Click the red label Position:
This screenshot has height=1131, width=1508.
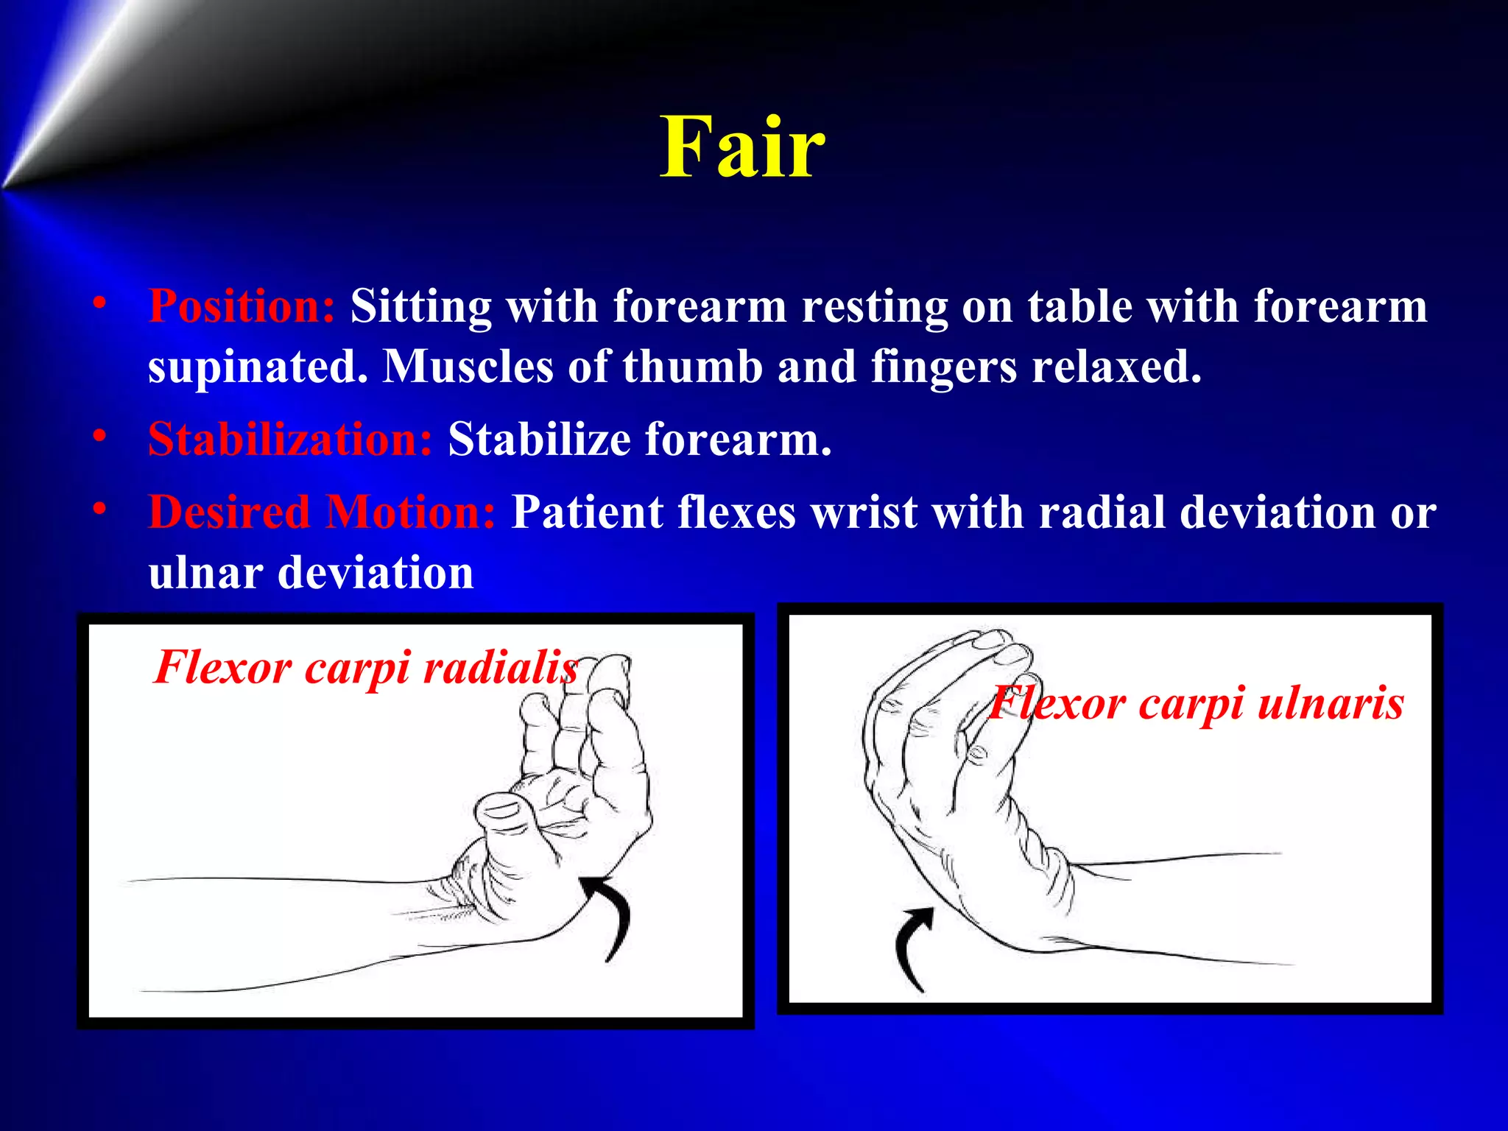(x=242, y=306)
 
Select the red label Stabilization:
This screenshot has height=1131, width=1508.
(x=290, y=440)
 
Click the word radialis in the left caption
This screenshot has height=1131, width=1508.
(x=501, y=668)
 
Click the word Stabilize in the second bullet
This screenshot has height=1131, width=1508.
(x=540, y=440)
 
